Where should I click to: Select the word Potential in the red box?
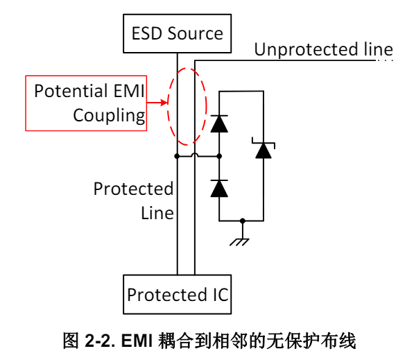point(70,91)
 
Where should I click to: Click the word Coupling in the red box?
point(109,116)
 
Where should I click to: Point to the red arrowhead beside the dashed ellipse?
point(164,103)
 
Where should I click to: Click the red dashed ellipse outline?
point(167,106)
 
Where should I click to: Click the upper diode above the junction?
point(219,123)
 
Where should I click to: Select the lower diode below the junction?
point(219,188)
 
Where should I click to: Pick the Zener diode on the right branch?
point(264,148)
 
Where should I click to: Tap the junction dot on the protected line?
point(177,156)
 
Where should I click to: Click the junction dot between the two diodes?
point(219,156)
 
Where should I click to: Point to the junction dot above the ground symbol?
point(243,221)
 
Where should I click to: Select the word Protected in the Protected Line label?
point(133,189)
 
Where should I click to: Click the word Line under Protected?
point(157,213)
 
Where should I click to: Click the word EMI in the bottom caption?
point(137,341)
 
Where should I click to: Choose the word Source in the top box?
point(196,33)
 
